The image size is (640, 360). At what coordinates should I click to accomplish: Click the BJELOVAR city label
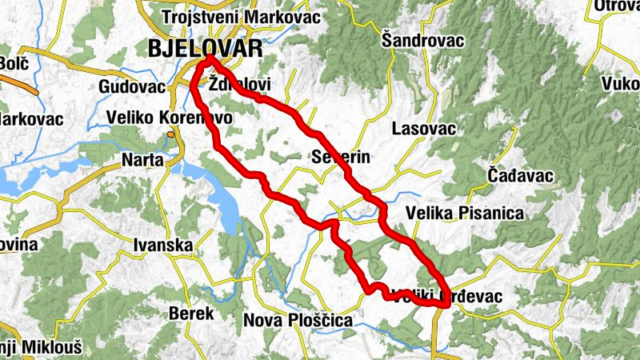(x=205, y=48)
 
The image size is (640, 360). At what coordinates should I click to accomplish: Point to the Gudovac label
(x=132, y=86)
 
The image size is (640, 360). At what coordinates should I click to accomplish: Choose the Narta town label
(x=142, y=160)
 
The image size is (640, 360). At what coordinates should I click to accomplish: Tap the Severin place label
(x=342, y=157)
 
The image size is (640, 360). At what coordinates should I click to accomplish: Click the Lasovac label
(x=424, y=128)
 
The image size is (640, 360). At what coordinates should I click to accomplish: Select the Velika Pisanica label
(x=464, y=213)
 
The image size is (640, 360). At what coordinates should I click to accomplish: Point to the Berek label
(x=191, y=314)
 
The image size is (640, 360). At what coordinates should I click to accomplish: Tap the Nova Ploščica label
(x=298, y=320)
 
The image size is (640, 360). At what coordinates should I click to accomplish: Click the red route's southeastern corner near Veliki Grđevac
(x=443, y=303)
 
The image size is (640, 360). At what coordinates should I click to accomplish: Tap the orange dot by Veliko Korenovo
(x=171, y=134)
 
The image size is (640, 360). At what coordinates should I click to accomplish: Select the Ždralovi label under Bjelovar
(x=239, y=83)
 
